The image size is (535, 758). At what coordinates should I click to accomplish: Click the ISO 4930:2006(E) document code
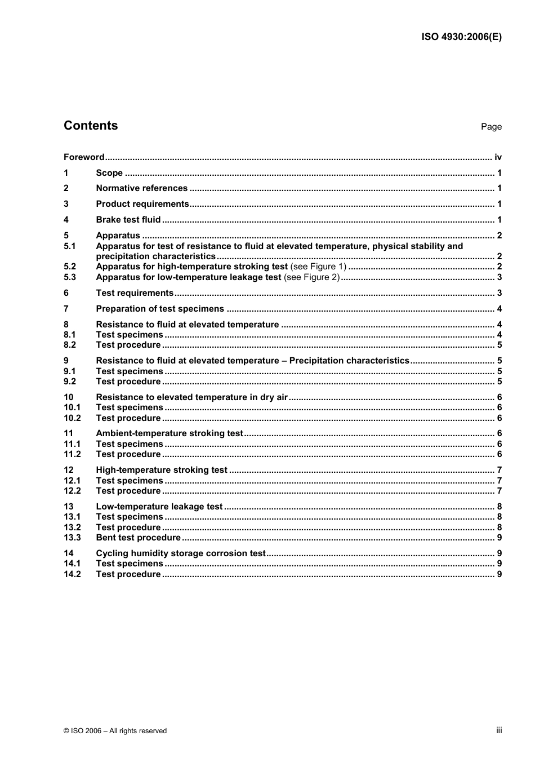[x=461, y=37]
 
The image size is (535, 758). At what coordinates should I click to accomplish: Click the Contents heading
[x=91, y=126]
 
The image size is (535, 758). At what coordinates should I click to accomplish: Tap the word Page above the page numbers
[x=491, y=127]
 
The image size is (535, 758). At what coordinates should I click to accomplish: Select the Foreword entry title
[x=84, y=157]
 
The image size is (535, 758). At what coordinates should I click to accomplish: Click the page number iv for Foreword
[x=498, y=157]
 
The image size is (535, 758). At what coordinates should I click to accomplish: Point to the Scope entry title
[x=109, y=173]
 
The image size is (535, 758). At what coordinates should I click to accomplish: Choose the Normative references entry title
[x=141, y=188]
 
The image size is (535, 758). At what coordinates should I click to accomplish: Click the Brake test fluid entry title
[x=128, y=220]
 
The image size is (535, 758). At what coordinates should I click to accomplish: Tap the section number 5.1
[x=69, y=246]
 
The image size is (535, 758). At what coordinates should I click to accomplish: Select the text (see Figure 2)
[x=311, y=277]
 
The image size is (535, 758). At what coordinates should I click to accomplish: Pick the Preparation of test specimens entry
[x=160, y=309]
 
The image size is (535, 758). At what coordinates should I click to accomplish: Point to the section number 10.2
[x=72, y=418]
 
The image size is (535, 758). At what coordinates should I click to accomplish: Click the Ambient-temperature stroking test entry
[x=170, y=433]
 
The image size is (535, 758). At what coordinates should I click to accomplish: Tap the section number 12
[x=68, y=470]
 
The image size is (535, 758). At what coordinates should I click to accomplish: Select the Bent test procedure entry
[x=138, y=538]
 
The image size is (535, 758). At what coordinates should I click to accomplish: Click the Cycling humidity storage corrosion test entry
[x=180, y=553]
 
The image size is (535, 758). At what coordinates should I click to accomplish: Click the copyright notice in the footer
[x=115, y=731]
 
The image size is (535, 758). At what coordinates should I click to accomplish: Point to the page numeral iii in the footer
[x=499, y=730]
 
